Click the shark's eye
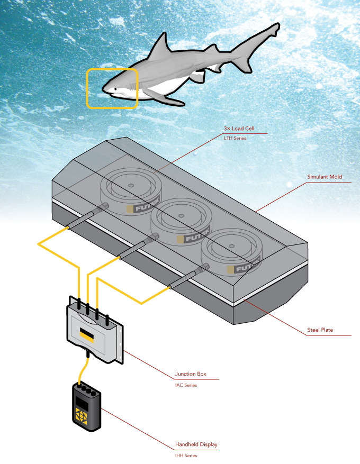(x=113, y=88)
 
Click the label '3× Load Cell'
(x=239, y=128)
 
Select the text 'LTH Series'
(x=235, y=138)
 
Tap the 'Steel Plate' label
(x=320, y=330)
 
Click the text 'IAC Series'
(x=186, y=385)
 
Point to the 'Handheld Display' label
(x=196, y=444)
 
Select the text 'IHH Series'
(x=186, y=456)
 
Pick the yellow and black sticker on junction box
(x=87, y=335)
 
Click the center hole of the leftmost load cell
(x=130, y=186)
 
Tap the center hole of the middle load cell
(x=181, y=215)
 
